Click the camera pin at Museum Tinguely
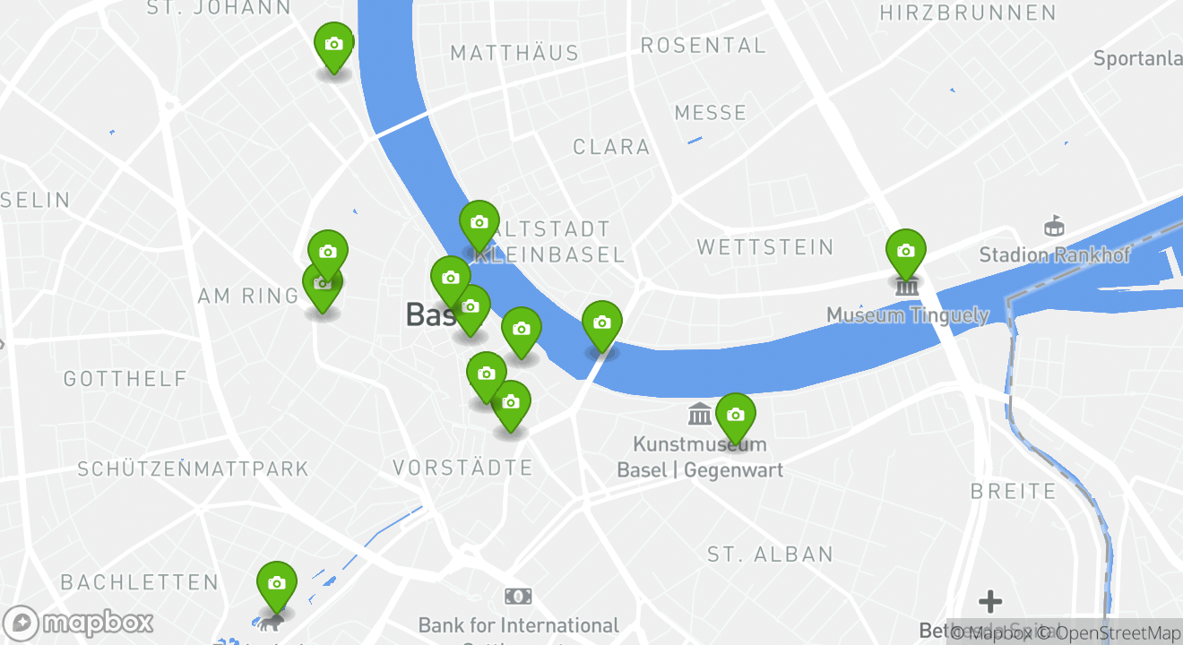pos(905,252)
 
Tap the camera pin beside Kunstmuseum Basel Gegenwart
pos(735,416)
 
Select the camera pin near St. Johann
pos(333,45)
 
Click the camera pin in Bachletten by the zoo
pos(276,584)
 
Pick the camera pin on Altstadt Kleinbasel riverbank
pos(479,223)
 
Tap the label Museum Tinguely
pos(907,315)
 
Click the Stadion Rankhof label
pos(1054,255)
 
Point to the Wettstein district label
pos(764,247)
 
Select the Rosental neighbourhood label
pos(703,46)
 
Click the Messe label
pos(710,113)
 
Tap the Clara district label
pos(611,147)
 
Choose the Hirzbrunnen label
pos(968,13)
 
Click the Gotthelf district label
pos(125,380)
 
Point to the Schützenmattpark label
pos(193,469)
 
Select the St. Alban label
pos(770,555)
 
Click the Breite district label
pos(1014,492)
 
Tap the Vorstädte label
pos(462,468)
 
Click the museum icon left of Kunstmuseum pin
pos(700,414)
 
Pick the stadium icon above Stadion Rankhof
pos(1054,226)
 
